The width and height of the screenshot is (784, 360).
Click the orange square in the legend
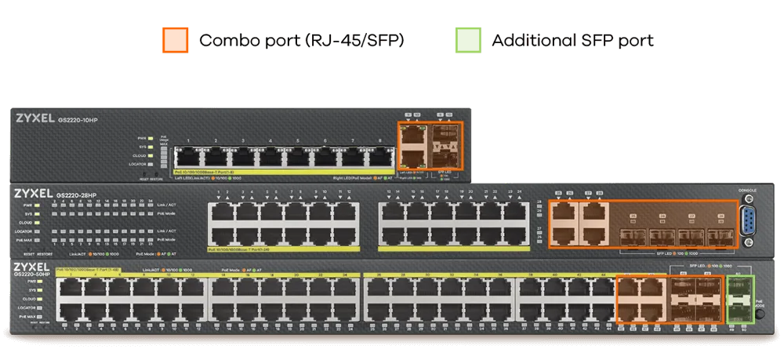click(174, 39)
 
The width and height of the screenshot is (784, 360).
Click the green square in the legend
click(467, 39)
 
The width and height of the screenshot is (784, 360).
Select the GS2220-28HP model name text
click(76, 194)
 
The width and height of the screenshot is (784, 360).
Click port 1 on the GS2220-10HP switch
click(188, 155)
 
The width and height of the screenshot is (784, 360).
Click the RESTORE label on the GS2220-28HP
click(45, 254)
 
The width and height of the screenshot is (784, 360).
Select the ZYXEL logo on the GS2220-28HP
click(33, 193)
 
